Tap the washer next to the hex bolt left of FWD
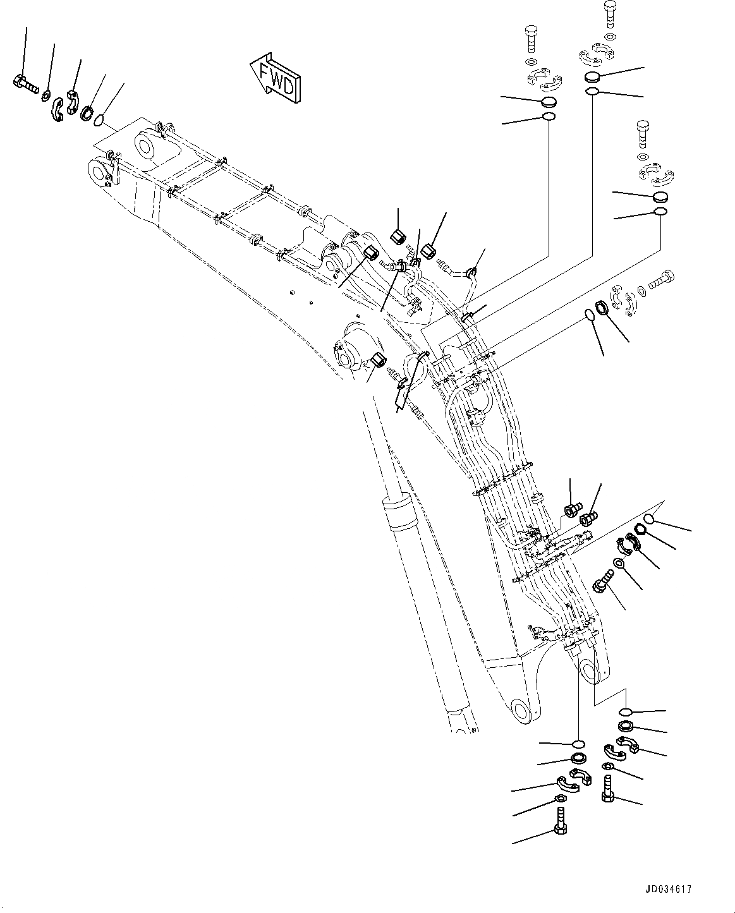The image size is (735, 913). (46, 95)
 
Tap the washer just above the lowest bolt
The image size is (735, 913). (561, 799)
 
